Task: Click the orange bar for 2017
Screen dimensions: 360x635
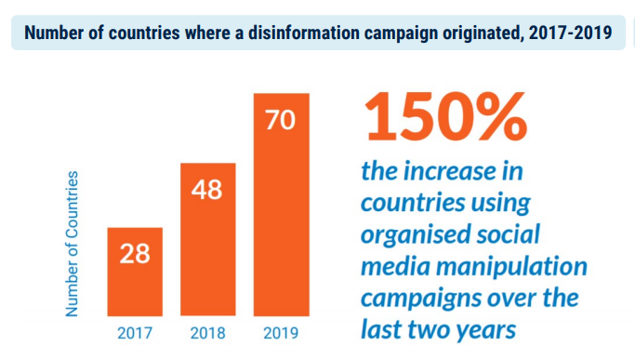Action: click(x=135, y=271)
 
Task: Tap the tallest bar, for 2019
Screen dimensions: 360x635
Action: click(x=281, y=205)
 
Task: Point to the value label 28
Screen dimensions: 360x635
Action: click(x=135, y=254)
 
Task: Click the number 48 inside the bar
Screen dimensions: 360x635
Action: click(x=207, y=190)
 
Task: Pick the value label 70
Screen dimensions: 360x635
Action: click(x=281, y=121)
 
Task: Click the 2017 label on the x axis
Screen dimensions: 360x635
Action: click(x=136, y=332)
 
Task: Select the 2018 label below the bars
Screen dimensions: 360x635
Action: click(x=208, y=332)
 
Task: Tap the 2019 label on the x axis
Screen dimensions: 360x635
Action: click(x=281, y=332)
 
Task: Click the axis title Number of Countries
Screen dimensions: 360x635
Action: click(x=73, y=243)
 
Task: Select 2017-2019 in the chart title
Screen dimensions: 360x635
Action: click(x=564, y=33)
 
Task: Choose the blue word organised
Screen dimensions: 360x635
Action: click(x=419, y=234)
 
